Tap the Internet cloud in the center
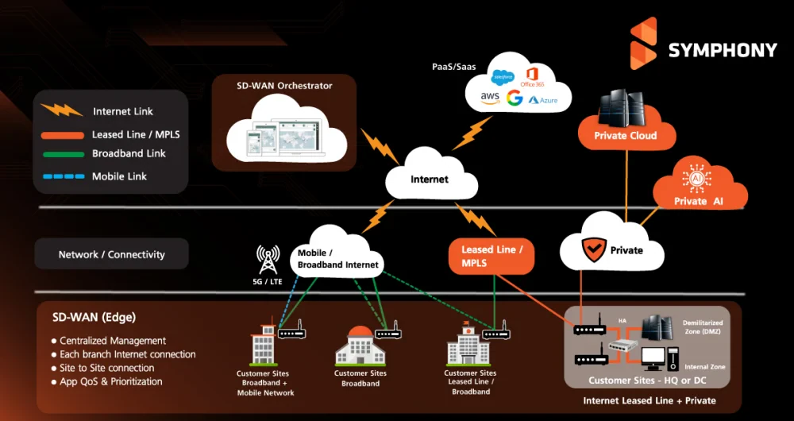pos(429,179)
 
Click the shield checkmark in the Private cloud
pos(593,250)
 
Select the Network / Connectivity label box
pos(111,255)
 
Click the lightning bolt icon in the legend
pos(62,110)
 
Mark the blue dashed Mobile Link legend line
pos(62,176)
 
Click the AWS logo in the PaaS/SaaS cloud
pos(489,98)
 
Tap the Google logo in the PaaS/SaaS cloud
pos(515,98)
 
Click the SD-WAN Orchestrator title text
pos(284,86)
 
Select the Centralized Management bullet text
pos(113,341)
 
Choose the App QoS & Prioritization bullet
pos(111,381)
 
